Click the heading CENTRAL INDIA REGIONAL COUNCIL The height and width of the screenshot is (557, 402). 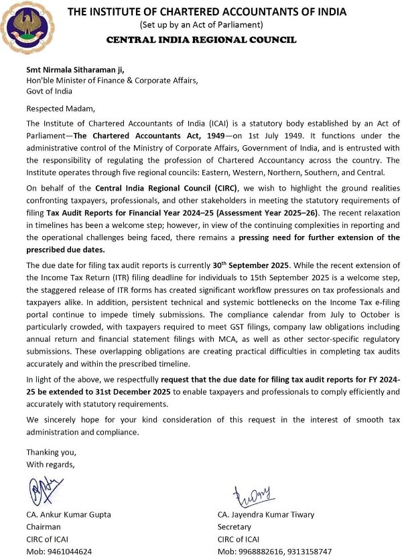point(201,39)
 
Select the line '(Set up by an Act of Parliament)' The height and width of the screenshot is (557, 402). point(201,25)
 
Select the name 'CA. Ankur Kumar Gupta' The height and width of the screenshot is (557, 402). point(68,514)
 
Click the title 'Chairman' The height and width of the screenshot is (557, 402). point(44,527)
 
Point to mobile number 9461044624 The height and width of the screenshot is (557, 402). point(59,552)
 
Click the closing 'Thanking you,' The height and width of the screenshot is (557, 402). point(51,451)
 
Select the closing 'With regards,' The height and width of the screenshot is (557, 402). point(51,463)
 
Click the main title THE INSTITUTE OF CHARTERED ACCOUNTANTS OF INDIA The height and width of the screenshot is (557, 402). point(207,11)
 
